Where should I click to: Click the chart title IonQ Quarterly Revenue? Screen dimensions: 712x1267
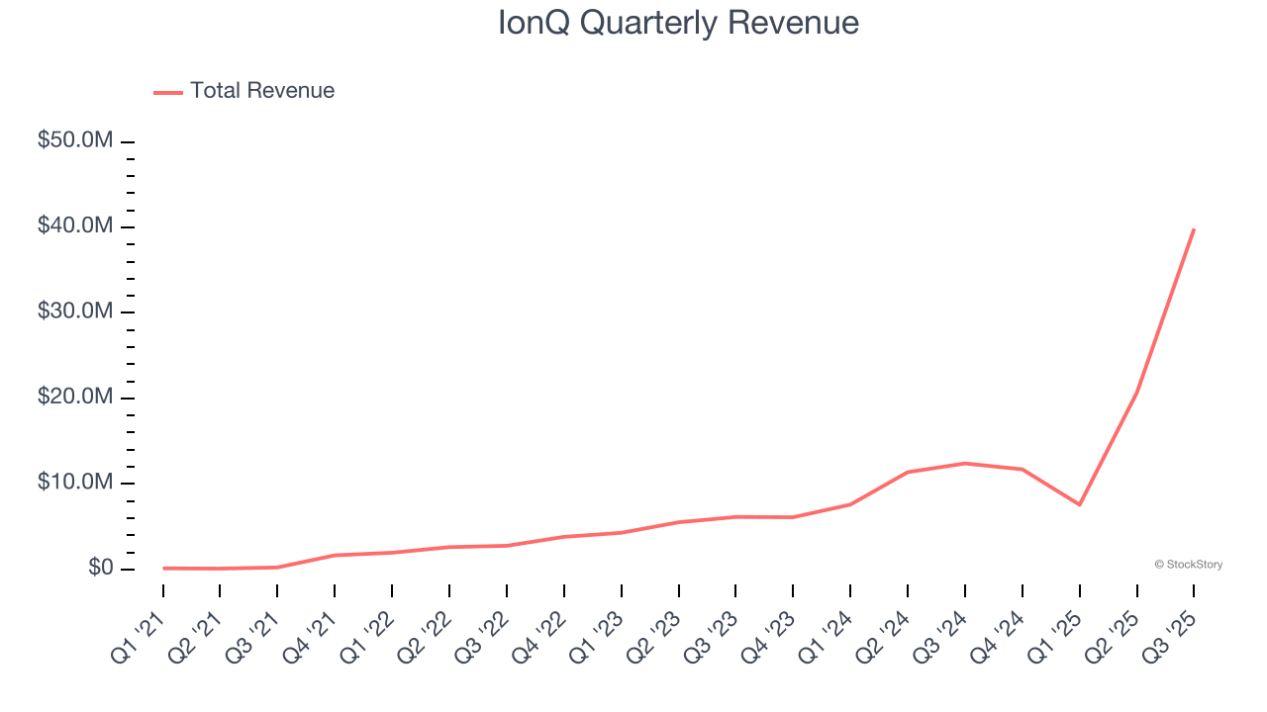pyautogui.click(x=678, y=22)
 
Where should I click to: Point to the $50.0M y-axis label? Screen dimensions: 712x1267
pyautogui.click(x=75, y=140)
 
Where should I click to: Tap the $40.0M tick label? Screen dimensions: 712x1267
pyautogui.click(x=75, y=226)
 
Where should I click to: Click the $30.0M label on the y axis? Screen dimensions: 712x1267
pyautogui.click(x=75, y=311)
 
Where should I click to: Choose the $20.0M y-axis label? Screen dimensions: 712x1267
pyautogui.click(x=75, y=398)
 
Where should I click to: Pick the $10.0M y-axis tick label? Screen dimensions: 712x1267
pyautogui.click(x=75, y=483)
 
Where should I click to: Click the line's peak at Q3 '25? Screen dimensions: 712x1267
pyautogui.click(x=1194, y=229)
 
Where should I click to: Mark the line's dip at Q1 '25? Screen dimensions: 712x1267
pyautogui.click(x=1080, y=504)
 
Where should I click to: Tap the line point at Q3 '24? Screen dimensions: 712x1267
pyautogui.click(x=965, y=463)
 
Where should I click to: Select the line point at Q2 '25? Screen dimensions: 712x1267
pyautogui.click(x=1136, y=393)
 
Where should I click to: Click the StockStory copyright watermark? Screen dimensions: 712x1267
pyautogui.click(x=1188, y=565)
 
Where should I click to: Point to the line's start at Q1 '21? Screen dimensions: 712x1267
pyautogui.click(x=163, y=568)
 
